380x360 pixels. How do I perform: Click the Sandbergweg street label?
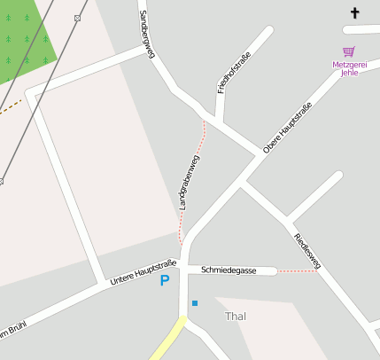click(146, 35)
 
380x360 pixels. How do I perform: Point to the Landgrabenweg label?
click(189, 184)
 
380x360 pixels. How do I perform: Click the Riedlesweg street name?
click(306, 248)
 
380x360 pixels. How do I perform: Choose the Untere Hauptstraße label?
click(143, 273)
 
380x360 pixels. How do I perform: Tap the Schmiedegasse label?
click(229, 270)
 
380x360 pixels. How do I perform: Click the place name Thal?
click(236, 317)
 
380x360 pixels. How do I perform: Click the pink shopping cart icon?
click(348, 51)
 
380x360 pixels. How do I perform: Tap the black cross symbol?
click(355, 12)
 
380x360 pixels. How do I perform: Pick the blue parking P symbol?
click(164, 281)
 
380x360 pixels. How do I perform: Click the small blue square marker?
click(195, 303)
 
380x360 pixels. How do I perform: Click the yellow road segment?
click(167, 342)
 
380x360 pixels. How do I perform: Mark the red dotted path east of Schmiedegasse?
click(298, 271)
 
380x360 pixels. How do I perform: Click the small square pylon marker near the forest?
click(77, 18)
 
